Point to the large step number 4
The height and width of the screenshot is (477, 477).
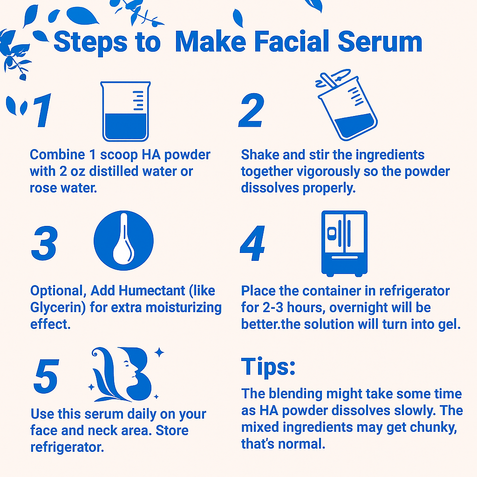253,244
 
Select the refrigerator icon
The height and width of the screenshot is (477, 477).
344,243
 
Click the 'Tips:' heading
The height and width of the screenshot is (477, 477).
268,367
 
